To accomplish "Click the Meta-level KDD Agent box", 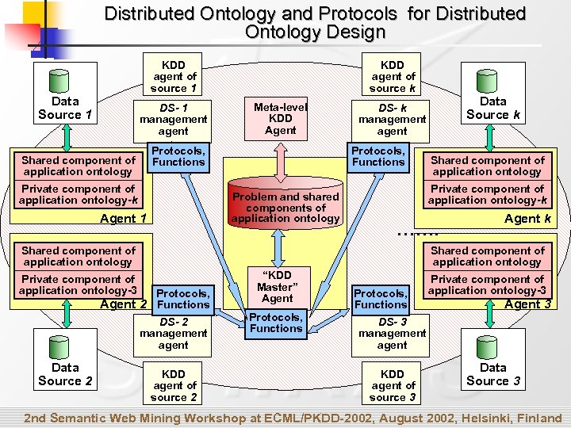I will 280,118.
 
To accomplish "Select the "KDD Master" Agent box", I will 277,286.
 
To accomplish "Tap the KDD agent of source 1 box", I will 174,76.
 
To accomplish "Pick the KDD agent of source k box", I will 392,76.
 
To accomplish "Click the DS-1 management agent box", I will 173,119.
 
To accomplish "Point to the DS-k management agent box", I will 392,119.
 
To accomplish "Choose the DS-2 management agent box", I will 173,333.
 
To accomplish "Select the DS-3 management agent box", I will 392,333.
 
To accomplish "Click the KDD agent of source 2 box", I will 173,385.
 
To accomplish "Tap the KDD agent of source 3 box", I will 392,385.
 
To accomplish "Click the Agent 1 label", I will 124,219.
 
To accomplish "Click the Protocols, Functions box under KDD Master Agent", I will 275,323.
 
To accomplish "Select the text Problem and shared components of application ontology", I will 285,207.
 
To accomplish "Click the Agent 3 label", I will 527,304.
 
